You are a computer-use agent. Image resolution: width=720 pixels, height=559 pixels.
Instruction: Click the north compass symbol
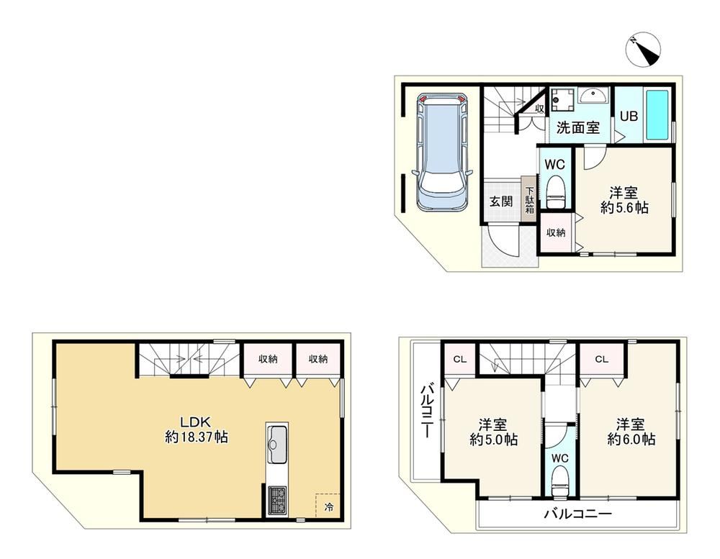[x=643, y=50]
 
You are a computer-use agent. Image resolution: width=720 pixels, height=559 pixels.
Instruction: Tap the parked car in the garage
[x=442, y=153]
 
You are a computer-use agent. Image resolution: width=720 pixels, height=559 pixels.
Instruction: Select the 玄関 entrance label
[x=500, y=201]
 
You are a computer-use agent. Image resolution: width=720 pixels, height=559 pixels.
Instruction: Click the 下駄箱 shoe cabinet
[x=529, y=199]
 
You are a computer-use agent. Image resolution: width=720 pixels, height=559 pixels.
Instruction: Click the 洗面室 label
[x=578, y=127]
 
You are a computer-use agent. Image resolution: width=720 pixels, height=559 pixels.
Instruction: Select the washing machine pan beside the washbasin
[x=562, y=99]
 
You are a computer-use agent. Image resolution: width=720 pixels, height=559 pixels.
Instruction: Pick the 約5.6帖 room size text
[x=624, y=208]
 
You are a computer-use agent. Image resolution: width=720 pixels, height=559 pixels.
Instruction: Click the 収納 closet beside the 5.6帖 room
[x=556, y=232]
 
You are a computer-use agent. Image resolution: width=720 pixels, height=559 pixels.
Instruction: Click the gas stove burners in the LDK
[x=277, y=501]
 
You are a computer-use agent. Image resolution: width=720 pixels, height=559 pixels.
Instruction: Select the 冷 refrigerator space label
[x=329, y=507]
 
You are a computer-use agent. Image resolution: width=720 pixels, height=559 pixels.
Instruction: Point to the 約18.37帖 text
[x=197, y=437]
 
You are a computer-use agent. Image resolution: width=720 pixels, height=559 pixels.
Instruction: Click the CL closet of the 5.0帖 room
[x=460, y=360]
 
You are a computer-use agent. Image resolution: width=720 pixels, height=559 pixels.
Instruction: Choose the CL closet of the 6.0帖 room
[x=602, y=360]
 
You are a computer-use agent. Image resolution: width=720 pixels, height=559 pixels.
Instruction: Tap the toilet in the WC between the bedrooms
[x=560, y=481]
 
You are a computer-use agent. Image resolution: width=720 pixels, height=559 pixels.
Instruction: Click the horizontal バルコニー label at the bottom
[x=578, y=514]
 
